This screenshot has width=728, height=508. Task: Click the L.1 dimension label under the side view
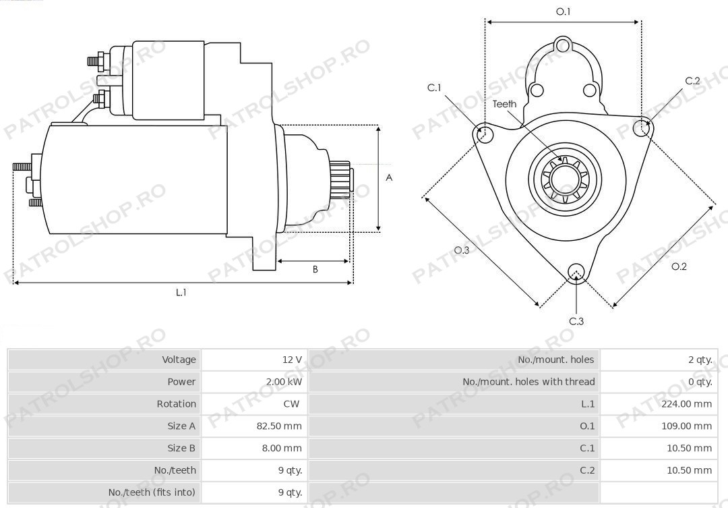click(181, 292)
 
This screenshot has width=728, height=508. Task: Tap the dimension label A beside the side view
click(389, 177)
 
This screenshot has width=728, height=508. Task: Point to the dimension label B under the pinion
click(315, 269)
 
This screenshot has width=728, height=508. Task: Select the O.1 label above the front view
click(563, 11)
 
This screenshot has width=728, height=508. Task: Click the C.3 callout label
click(576, 321)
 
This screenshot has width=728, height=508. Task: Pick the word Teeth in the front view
click(504, 104)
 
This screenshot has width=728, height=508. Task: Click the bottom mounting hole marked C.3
click(576, 273)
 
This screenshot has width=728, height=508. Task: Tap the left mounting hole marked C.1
click(485, 132)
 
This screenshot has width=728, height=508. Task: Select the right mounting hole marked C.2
click(641, 128)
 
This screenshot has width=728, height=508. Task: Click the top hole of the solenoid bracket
click(563, 46)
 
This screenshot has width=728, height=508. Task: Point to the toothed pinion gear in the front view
click(564, 179)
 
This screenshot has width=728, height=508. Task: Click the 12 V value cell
click(292, 360)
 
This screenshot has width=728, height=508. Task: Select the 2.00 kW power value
click(284, 382)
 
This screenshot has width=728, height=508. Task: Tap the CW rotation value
click(292, 404)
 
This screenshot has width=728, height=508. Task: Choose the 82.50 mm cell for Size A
click(279, 426)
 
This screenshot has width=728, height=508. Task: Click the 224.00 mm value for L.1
click(686, 404)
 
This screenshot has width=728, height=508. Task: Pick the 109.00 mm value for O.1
click(686, 426)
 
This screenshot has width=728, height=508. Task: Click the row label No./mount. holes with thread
click(528, 382)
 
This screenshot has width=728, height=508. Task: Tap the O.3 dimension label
click(462, 250)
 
